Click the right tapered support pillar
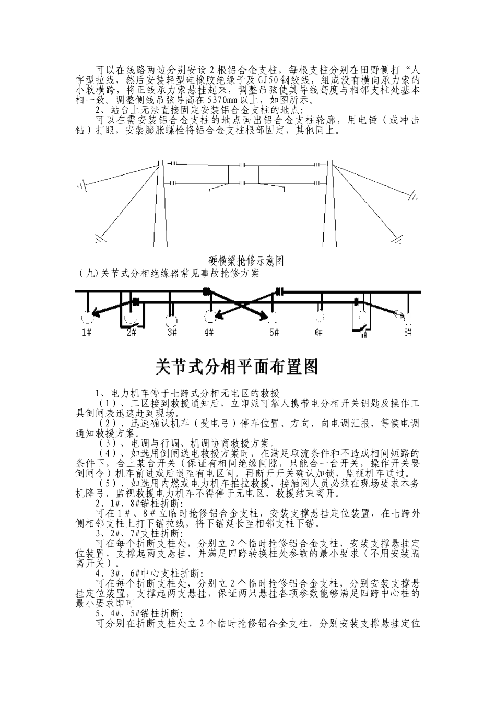click(328, 209)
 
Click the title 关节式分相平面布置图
click(237, 367)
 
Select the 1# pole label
click(87, 332)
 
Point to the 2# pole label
click(132, 332)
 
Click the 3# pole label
click(172, 332)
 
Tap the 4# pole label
click(209, 332)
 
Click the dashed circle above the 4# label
click(210, 317)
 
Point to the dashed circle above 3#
click(171, 317)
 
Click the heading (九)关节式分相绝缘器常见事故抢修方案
click(167, 273)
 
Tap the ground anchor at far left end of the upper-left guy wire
click(80, 185)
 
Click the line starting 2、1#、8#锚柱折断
click(139, 504)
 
